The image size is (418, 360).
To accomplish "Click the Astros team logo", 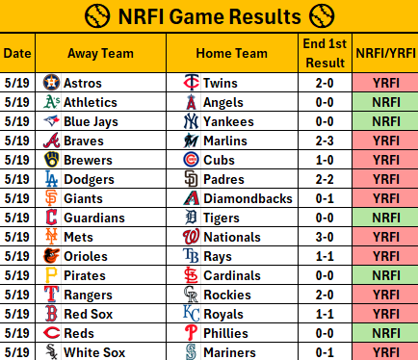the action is pyautogui.click(x=51, y=83).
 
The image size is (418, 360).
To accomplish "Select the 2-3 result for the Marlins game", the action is pyautogui.click(x=325, y=141).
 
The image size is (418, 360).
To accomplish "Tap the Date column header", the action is pyautogui.click(x=17, y=53).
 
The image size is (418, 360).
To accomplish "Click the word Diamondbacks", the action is pyautogui.click(x=248, y=198).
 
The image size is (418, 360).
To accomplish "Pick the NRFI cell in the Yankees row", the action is pyautogui.click(x=385, y=121).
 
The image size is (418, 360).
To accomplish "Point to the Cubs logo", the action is pyautogui.click(x=191, y=160).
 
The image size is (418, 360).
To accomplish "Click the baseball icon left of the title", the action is pyautogui.click(x=97, y=16).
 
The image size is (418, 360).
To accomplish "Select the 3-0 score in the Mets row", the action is pyautogui.click(x=325, y=237).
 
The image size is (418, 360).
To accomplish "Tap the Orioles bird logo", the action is pyautogui.click(x=51, y=256).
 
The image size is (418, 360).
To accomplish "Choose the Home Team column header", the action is pyautogui.click(x=231, y=53).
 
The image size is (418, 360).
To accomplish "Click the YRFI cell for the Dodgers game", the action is pyautogui.click(x=385, y=179).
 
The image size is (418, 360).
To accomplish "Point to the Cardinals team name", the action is pyautogui.click(x=232, y=275).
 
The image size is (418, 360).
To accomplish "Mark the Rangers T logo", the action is pyautogui.click(x=51, y=295).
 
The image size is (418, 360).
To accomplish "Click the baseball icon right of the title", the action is pyautogui.click(x=322, y=16).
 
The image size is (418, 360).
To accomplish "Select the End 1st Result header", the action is pyautogui.click(x=325, y=53).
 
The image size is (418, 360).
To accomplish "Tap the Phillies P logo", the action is pyautogui.click(x=191, y=333).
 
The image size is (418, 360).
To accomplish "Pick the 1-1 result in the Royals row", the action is pyautogui.click(x=325, y=314).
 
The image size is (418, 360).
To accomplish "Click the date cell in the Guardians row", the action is pyautogui.click(x=17, y=218).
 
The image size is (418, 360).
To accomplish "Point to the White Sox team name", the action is pyautogui.click(x=94, y=352).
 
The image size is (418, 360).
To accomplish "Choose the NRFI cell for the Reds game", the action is pyautogui.click(x=385, y=333).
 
